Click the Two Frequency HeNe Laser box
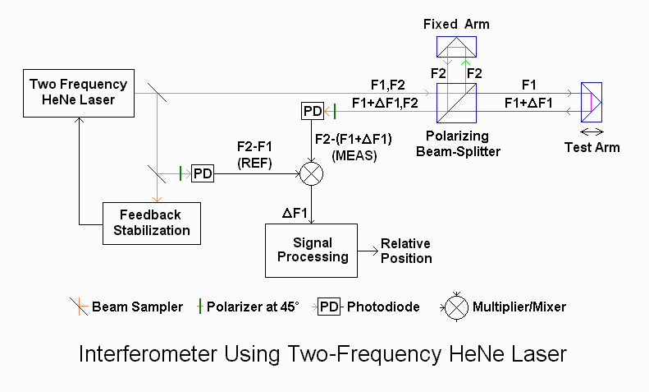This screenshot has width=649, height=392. tap(79, 93)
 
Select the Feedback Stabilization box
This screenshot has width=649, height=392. tap(152, 224)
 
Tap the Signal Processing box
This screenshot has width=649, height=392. tap(311, 251)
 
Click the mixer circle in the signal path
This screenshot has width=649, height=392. tap(311, 173)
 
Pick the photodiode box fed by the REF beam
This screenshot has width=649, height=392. tap(203, 173)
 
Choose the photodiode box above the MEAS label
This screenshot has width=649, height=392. tap(313, 111)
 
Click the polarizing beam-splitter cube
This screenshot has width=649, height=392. tap(456, 104)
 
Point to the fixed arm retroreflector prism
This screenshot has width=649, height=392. tap(456, 46)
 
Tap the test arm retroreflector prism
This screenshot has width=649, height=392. tap(592, 103)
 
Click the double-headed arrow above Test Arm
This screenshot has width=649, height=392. tap(592, 132)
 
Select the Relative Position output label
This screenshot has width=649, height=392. tap(406, 251)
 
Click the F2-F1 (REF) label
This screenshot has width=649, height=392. tap(254, 154)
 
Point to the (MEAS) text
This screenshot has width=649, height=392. tap(354, 156)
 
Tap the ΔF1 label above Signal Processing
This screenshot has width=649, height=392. tap(295, 214)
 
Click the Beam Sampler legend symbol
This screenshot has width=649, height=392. tap(79, 307)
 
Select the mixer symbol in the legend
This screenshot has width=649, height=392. tap(456, 307)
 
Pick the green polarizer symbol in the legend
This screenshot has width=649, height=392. tap(200, 307)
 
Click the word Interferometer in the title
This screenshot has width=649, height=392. tap(148, 354)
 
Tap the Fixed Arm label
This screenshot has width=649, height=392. tap(456, 24)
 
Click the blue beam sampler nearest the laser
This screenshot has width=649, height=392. tap(158, 92)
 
